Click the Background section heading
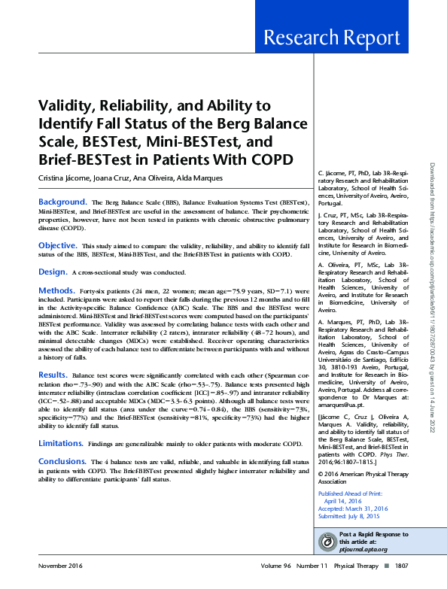tap(63, 202)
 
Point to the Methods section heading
tap(56, 289)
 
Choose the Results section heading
tap(53, 374)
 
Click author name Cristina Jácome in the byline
tap(65, 178)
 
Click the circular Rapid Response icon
tap(327, 542)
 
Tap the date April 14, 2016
tap(343, 499)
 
